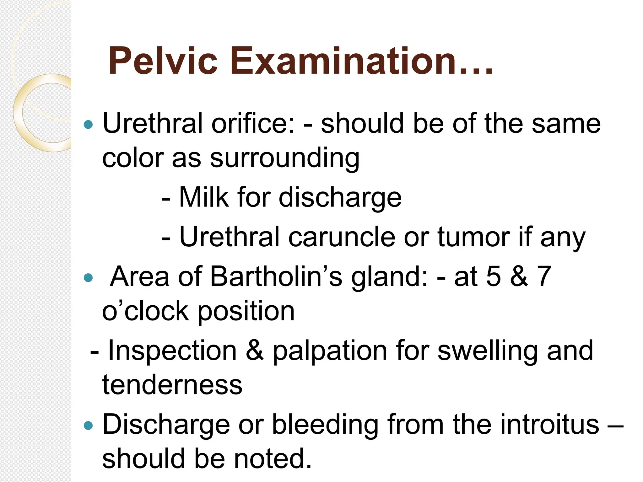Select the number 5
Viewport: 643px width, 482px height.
(x=493, y=276)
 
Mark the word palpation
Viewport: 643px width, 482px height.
(x=330, y=351)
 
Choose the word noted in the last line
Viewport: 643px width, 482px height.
(x=273, y=459)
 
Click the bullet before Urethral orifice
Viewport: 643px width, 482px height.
(x=89, y=125)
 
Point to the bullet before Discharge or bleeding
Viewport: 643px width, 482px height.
(x=89, y=426)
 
